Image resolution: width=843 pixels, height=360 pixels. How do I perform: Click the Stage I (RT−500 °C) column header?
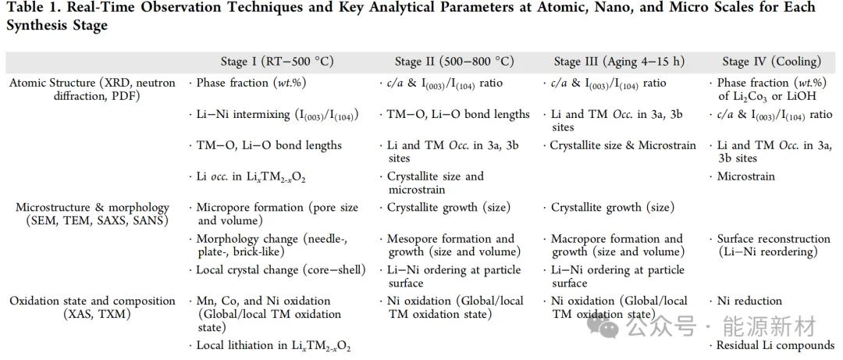pyautogui.click(x=288, y=62)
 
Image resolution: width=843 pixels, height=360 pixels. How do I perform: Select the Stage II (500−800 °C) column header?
pyautogui.click(x=454, y=62)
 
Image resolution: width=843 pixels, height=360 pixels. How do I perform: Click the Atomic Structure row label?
pyautogui.click(x=92, y=90)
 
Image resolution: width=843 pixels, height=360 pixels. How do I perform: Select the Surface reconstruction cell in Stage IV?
pyautogui.click(x=773, y=245)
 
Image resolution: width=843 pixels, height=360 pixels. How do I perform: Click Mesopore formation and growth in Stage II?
pyautogui.click(x=450, y=245)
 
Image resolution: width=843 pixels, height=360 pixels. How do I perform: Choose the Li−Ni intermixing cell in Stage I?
pyautogui.click(x=276, y=115)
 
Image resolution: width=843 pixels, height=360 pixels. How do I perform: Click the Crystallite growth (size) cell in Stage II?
pyautogui.click(x=448, y=208)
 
